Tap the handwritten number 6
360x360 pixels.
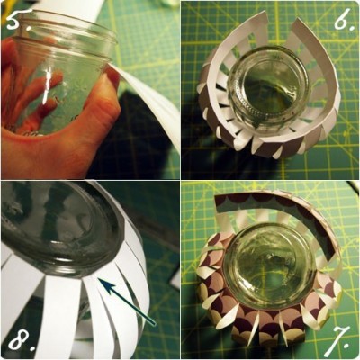coord(342,19)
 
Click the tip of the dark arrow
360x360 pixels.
coord(98,279)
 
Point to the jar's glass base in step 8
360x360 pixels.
coord(60,228)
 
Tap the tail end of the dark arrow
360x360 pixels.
coord(154,324)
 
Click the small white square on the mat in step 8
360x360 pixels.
coord(175,281)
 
